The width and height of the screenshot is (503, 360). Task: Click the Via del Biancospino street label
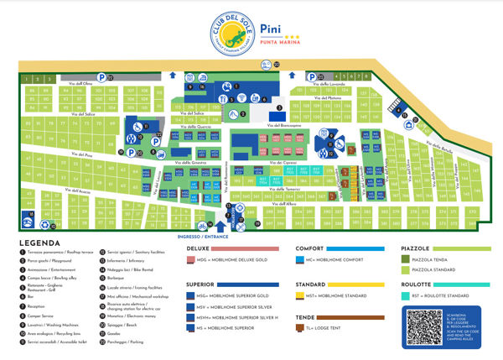click(x=284, y=126)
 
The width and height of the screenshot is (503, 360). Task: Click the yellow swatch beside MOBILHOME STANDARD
click(x=300, y=296)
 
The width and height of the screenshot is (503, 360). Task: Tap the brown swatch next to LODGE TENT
click(x=300, y=329)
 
